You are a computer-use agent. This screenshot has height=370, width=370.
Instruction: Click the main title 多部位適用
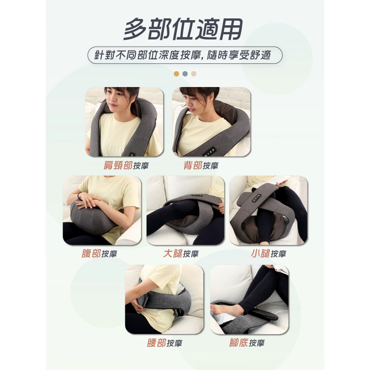point(183,29)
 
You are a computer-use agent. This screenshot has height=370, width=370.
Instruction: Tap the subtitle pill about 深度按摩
point(185,55)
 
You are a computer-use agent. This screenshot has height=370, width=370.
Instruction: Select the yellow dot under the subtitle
point(176,74)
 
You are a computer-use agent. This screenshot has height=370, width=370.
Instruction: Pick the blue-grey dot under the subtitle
point(185,74)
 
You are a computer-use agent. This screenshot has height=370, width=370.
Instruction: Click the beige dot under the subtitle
point(194,74)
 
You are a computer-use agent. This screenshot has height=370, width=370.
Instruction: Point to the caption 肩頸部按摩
point(126,165)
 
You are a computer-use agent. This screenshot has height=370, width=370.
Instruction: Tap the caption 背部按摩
point(201,165)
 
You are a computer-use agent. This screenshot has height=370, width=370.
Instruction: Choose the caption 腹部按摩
point(99,254)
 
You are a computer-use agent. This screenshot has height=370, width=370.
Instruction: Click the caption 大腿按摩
point(181,254)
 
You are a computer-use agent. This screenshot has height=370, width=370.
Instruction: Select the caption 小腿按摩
point(268,254)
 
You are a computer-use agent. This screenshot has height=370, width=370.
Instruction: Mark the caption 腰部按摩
point(165,343)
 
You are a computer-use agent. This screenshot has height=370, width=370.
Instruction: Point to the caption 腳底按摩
point(247,343)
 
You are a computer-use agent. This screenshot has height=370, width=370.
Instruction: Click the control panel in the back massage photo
point(209,152)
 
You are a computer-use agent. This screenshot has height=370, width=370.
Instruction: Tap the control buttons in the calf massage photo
point(257,198)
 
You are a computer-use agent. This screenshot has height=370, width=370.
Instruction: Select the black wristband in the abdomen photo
point(79,196)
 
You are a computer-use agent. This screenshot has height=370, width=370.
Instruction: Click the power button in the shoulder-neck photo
point(132,155)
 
